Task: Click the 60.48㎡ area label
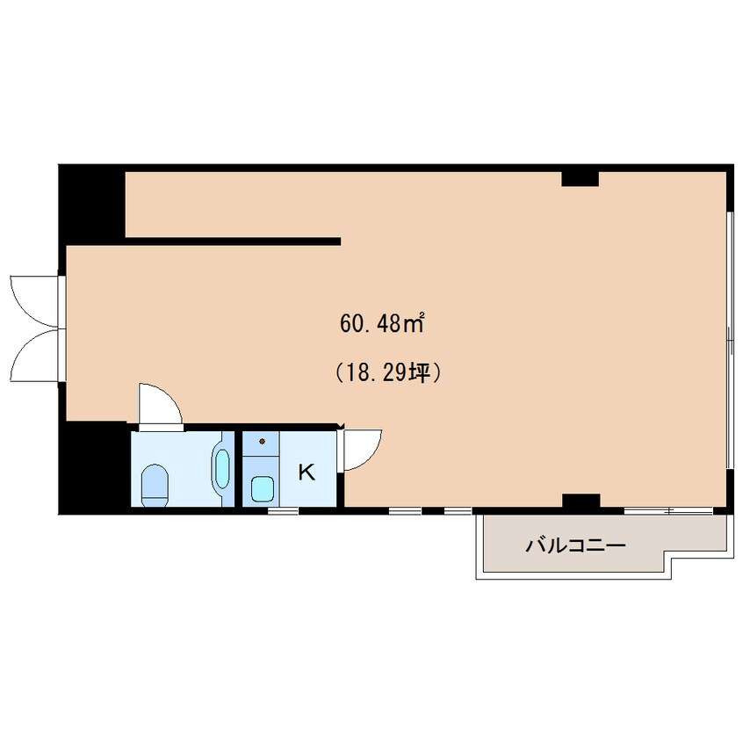pyautogui.click(x=381, y=323)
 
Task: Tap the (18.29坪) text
pyautogui.click(x=388, y=372)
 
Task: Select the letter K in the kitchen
pyautogui.click(x=307, y=472)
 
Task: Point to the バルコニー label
pyautogui.click(x=575, y=546)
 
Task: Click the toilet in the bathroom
pyautogui.click(x=155, y=485)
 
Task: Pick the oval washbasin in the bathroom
pyautogui.click(x=222, y=469)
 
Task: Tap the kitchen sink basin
pyautogui.click(x=263, y=488)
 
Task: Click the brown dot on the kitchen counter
pyautogui.click(x=262, y=442)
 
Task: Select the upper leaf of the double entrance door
pyautogui.click(x=34, y=301)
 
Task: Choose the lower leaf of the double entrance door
pyautogui.click(x=34, y=356)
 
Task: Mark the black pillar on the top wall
pyautogui.click(x=580, y=178)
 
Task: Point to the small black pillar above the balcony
pyautogui.click(x=581, y=501)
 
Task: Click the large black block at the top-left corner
pyautogui.click(x=91, y=205)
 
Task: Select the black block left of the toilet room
pyautogui.click(x=94, y=467)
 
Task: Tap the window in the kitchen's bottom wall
pyautogui.click(x=283, y=511)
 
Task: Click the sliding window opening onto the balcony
pyautogui.click(x=668, y=511)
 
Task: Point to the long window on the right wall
pyautogui.click(x=729, y=340)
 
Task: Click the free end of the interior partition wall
pyautogui.click(x=340, y=242)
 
